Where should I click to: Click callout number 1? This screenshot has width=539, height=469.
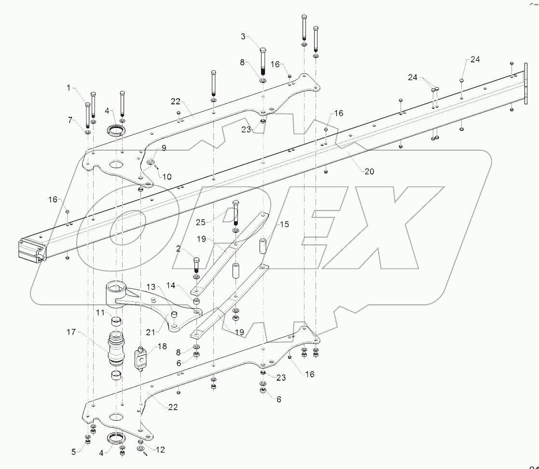coord(69,88)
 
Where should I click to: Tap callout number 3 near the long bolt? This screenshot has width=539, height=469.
coord(244,36)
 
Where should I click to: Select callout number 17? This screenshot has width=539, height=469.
coord(71,332)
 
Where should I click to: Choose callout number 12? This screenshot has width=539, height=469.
coord(160,450)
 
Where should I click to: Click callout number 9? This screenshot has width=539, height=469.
coord(164,149)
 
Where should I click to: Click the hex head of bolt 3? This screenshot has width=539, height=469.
coord(263,50)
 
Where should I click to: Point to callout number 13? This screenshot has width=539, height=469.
coord(151,287)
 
